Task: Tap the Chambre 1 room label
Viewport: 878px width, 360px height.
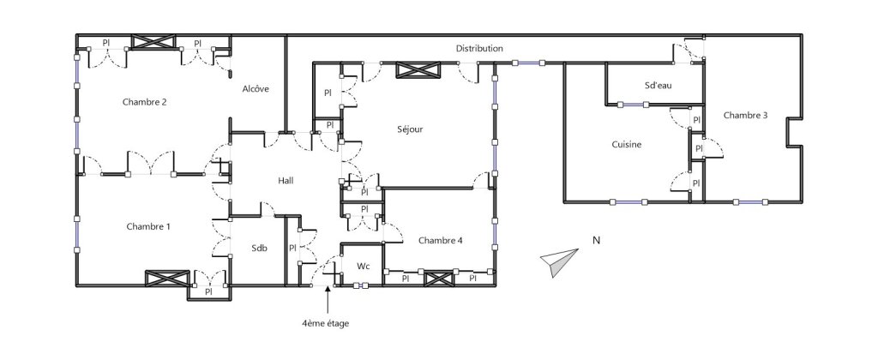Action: tap(148, 226)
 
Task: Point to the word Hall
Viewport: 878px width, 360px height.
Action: tap(286, 180)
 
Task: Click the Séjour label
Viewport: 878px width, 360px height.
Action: tap(411, 129)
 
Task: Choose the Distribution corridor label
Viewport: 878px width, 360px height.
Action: tap(479, 49)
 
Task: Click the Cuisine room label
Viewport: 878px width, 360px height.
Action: tap(627, 144)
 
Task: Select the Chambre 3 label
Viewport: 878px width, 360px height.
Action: tap(745, 115)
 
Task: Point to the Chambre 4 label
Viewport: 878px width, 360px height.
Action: tap(441, 240)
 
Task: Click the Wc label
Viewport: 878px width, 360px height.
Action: tap(363, 266)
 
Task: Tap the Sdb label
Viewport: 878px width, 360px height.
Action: tap(259, 248)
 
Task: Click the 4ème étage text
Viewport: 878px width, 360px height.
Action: tap(325, 322)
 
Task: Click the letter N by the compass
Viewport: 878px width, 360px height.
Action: tap(595, 241)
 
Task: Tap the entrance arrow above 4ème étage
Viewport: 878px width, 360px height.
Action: tap(326, 300)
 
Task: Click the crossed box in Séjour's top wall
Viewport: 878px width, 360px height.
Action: tap(419, 70)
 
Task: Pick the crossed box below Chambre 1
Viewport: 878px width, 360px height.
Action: tap(166, 278)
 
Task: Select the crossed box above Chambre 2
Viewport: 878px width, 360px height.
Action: tap(153, 43)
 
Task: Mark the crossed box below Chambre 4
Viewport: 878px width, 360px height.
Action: tap(438, 278)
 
